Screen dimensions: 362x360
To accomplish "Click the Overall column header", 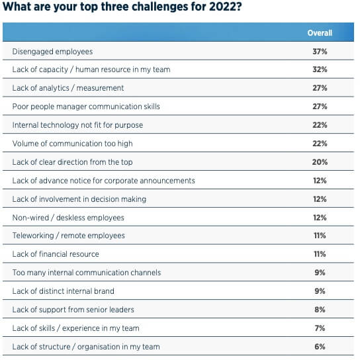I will point(320,32).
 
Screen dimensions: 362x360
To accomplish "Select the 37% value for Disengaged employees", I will point(320,51).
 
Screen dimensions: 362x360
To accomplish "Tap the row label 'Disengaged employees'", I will point(52,51).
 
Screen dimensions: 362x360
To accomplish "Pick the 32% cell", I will point(320,69).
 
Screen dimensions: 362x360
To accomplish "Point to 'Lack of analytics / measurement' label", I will point(68,88).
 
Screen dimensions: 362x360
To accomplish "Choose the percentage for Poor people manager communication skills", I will point(320,106).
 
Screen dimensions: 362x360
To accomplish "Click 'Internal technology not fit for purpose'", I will point(77,124).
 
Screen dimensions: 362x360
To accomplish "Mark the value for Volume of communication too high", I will point(320,143).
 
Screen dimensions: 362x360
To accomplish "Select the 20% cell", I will point(320,161).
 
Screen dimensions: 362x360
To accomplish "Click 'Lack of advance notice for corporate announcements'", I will point(104,180).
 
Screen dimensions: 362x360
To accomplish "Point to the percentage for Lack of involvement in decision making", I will point(320,199).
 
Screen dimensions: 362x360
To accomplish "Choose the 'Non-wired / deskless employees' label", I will point(68,217).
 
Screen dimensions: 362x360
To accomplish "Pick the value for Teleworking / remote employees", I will point(320,236).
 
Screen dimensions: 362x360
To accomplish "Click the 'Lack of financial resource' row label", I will point(56,254).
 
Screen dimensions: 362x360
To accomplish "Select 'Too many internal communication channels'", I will point(87,273).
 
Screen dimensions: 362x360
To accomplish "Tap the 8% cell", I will point(320,310).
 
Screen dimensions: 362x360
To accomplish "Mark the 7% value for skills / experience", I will point(320,328).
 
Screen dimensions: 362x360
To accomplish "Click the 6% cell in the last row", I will point(320,346).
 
